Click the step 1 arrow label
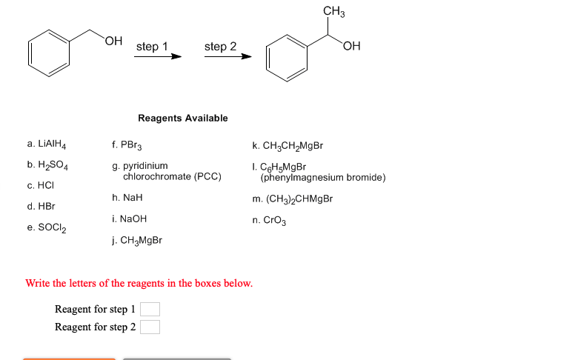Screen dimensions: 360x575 click(152, 47)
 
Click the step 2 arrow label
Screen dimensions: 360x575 click(220, 47)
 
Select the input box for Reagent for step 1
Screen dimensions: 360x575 click(150, 310)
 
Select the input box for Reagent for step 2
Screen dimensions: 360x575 click(150, 327)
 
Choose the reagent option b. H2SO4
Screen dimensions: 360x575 click(49, 165)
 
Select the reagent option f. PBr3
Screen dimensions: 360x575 click(131, 145)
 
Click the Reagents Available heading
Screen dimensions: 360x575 click(182, 118)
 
